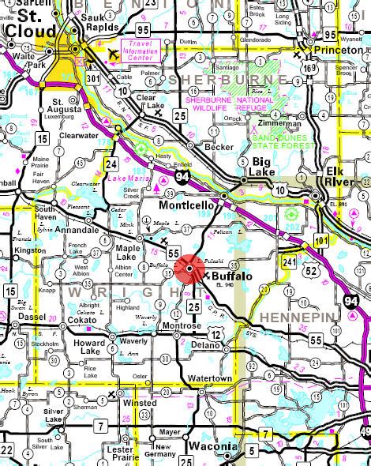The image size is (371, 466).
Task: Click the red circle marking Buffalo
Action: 190,271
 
